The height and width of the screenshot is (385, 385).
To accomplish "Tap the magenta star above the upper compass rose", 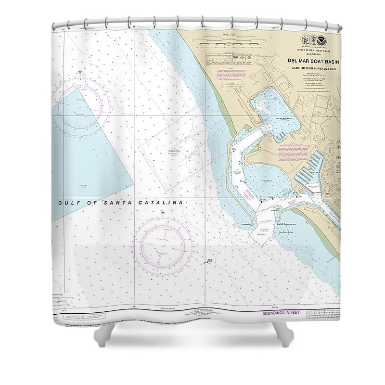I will click(80, 73).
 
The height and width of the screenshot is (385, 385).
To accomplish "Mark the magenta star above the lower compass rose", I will click(163, 212).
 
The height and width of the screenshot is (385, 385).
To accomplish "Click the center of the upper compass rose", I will click(80, 102).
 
